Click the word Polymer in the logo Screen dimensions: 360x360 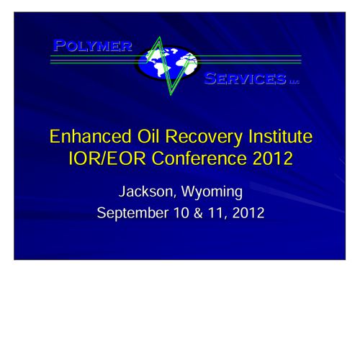click(93, 45)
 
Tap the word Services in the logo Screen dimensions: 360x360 click(245, 78)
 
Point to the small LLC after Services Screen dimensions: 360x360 click(294, 82)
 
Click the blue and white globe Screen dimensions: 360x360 click(168, 63)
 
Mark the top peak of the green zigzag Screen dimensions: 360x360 click(159, 37)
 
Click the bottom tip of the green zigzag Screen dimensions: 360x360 click(171, 95)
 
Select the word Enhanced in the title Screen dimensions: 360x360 click(91, 136)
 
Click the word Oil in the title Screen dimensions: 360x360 click(148, 136)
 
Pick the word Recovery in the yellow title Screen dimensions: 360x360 click(204, 138)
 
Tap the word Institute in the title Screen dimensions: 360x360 click(280, 136)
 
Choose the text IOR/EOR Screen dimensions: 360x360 click(107, 158)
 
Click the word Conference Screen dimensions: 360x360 click(199, 158)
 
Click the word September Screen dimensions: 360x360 click(132, 213)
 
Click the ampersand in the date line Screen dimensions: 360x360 click(198, 213)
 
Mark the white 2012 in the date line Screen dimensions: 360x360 click(248, 213)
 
